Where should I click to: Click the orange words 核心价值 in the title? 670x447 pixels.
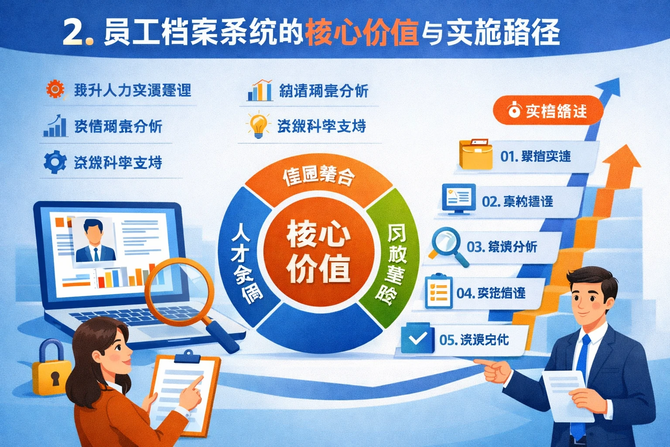click(x=362, y=33)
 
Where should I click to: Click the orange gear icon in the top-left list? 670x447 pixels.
click(x=55, y=89)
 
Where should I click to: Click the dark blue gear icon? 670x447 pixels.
click(x=55, y=162)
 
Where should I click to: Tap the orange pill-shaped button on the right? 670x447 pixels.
click(x=548, y=111)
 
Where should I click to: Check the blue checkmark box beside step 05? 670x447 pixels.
click(x=417, y=338)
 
